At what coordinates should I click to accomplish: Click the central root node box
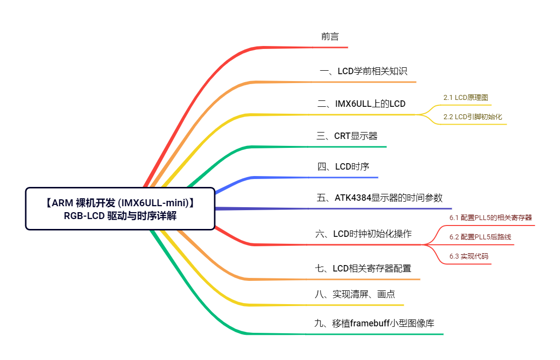120,209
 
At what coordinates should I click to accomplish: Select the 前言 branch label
330,37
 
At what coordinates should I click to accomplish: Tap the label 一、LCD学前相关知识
363,71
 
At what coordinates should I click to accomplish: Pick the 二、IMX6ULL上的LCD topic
361,104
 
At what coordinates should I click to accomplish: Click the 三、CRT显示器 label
347,136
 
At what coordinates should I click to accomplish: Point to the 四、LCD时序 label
343,167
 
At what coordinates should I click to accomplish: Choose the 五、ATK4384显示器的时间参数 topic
379,197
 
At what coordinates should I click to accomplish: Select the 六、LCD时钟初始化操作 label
363,234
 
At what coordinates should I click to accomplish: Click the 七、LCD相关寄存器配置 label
363,268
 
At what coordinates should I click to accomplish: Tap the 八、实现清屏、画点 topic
355,294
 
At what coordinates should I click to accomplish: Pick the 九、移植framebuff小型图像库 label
374,323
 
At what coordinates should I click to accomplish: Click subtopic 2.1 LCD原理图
466,97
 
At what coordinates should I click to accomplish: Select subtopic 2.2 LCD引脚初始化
472,117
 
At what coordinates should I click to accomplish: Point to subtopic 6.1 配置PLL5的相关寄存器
490,218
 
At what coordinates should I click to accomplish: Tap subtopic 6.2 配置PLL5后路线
480,237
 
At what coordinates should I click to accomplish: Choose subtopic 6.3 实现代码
468,256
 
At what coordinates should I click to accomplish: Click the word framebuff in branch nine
370,323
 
